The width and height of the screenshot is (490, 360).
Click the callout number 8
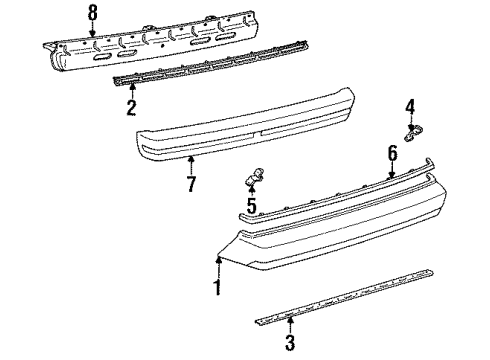92,13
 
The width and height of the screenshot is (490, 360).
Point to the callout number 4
409,106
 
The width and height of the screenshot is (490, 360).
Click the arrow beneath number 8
92,30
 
